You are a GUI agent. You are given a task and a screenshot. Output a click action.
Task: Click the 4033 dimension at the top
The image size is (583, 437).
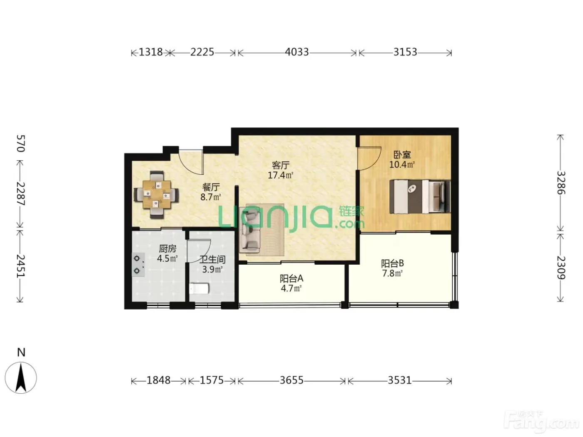click(x=296, y=52)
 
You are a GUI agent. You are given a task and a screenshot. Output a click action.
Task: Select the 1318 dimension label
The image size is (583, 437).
click(x=151, y=52)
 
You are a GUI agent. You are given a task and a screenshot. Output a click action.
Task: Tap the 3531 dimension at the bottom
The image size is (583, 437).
click(x=399, y=380)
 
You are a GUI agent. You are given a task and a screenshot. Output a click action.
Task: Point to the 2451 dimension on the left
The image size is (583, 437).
click(x=21, y=266)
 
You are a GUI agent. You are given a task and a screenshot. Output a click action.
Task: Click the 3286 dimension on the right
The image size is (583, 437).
click(x=561, y=183)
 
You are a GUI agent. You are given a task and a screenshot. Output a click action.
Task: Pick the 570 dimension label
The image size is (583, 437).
click(x=21, y=143)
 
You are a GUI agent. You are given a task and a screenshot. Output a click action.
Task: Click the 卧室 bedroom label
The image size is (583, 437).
click(x=402, y=154)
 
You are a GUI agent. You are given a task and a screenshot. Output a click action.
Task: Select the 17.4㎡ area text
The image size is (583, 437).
click(x=280, y=175)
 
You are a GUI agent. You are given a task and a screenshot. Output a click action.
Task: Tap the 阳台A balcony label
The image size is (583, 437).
click(x=291, y=278)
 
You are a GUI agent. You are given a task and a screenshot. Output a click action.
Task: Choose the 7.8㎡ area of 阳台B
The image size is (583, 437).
click(x=392, y=273)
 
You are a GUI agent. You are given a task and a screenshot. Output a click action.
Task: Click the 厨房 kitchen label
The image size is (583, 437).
click(x=167, y=248)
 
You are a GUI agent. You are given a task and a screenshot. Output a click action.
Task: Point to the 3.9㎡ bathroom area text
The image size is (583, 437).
click(x=212, y=270)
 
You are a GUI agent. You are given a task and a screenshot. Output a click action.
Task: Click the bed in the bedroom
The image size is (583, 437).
click(x=420, y=196)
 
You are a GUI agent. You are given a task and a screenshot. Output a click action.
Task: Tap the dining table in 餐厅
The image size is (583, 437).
click(x=157, y=194)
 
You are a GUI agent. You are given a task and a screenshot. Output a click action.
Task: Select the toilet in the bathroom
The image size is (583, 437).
click(x=199, y=288)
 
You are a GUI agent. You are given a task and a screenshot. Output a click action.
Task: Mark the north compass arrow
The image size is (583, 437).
click(x=21, y=378)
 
